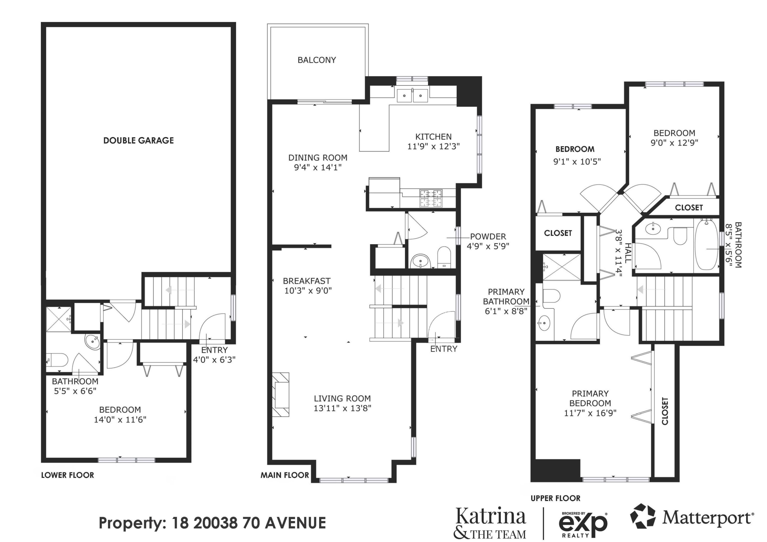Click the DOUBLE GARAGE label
click(x=138, y=141)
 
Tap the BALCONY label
click(x=317, y=60)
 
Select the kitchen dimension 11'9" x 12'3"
click(x=433, y=146)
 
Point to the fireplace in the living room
click(x=281, y=394)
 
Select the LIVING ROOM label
click(x=342, y=398)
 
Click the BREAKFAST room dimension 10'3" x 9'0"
click(x=308, y=291)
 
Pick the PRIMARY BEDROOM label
click(x=590, y=398)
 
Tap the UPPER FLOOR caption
click(x=556, y=498)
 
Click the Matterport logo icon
click(x=643, y=516)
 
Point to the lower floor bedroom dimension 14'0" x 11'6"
click(x=120, y=419)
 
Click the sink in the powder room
click(x=420, y=261)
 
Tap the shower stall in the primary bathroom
click(x=561, y=267)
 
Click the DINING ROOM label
click(x=318, y=158)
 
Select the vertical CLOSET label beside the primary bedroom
click(x=665, y=411)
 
